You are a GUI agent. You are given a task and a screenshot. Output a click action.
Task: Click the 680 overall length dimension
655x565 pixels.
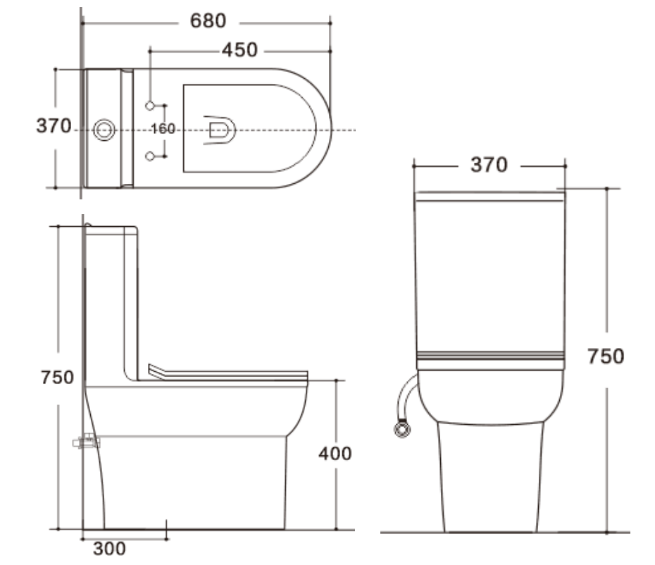[x=208, y=22]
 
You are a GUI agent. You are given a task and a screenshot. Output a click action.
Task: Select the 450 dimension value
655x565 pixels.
[x=239, y=51]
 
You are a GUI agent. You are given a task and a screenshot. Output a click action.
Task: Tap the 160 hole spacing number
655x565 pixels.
[x=163, y=129]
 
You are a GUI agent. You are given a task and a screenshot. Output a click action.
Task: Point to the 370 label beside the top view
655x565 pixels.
[x=54, y=126]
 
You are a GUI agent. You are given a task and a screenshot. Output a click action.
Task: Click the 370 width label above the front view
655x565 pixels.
[x=489, y=165]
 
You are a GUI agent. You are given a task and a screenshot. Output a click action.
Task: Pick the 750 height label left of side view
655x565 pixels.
[x=57, y=378]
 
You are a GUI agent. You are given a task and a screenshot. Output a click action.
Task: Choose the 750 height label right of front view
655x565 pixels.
[x=606, y=356]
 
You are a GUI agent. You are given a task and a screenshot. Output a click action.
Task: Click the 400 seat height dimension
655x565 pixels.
[x=334, y=454]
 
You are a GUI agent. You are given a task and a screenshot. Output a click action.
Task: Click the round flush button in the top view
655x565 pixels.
[x=104, y=129]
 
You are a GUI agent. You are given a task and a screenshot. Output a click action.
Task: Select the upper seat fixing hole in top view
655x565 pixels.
[x=150, y=106]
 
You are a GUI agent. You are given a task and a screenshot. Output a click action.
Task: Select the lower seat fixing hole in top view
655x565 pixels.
[x=150, y=155]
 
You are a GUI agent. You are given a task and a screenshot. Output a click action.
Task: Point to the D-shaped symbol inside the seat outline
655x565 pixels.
[x=219, y=130]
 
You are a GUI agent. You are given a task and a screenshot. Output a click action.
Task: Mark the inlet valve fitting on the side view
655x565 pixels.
[x=87, y=442]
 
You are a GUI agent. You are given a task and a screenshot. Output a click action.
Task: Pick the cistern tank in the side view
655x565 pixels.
[x=109, y=303]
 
